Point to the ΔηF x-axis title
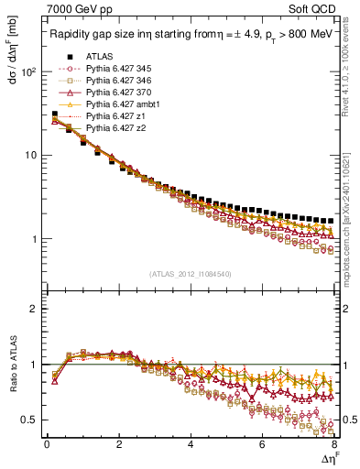327,457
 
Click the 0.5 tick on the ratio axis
30,420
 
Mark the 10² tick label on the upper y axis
28,71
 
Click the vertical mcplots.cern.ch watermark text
353,220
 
